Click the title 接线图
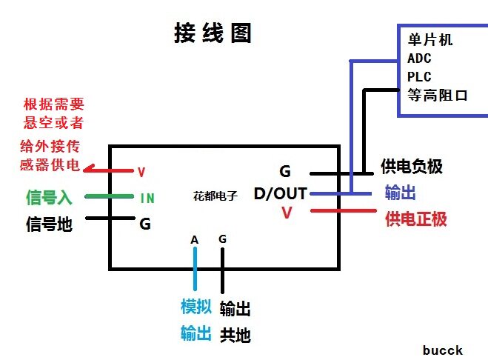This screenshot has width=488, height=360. pyautogui.click(x=213, y=33)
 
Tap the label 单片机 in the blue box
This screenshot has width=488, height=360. pyautogui.click(x=429, y=40)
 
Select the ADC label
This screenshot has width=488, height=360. pyautogui.click(x=419, y=58)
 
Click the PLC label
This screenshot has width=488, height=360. pyautogui.click(x=419, y=76)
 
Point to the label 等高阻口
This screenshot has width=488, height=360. pyautogui.click(x=438, y=95)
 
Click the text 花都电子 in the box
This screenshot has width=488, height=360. pyautogui.click(x=214, y=196)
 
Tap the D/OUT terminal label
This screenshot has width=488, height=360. pyautogui.click(x=280, y=194)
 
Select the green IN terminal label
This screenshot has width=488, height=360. pyautogui.click(x=147, y=198)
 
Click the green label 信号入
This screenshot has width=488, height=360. pyautogui.click(x=49, y=198)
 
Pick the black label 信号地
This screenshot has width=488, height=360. pyautogui.click(x=49, y=223)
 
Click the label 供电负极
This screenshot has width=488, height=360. pyautogui.click(x=411, y=167)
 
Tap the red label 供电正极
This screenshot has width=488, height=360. pyautogui.click(x=416, y=219)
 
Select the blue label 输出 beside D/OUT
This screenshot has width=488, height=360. pyautogui.click(x=400, y=193)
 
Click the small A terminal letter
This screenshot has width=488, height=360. pyautogui.click(x=194, y=239)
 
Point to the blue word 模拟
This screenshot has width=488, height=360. pyautogui.click(x=196, y=307)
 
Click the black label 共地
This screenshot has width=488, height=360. pyautogui.click(x=235, y=335)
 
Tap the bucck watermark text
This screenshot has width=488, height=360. pyautogui.click(x=443, y=350)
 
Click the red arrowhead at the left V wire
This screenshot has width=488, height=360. pyautogui.click(x=90, y=170)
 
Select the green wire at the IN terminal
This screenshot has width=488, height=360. pyautogui.click(x=111, y=197)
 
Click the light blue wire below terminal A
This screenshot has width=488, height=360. pyautogui.click(x=195, y=270)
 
